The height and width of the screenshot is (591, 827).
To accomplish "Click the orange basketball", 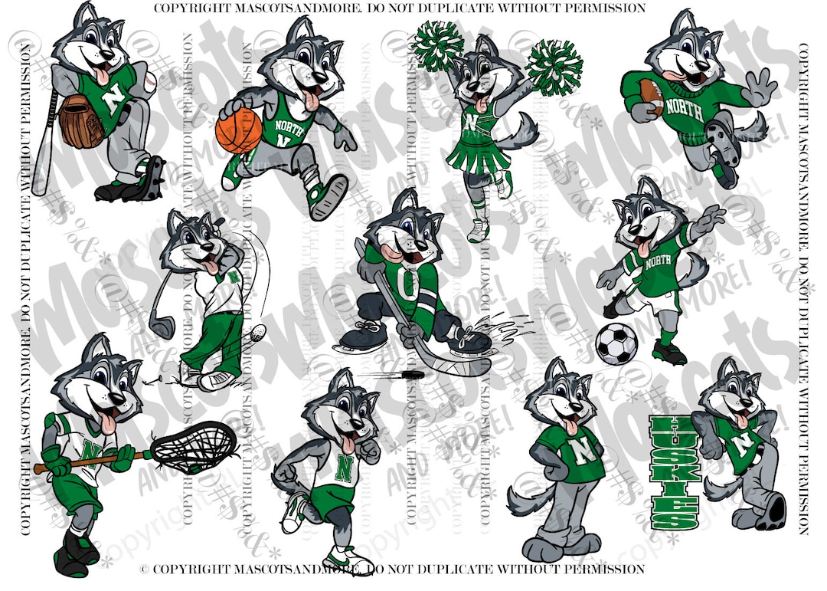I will [239, 129].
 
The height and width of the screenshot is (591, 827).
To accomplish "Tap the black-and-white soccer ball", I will [616, 343].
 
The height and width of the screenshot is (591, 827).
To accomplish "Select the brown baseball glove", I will [81, 121].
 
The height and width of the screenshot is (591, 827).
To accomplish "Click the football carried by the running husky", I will [652, 95].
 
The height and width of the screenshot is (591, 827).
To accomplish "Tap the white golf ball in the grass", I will [259, 332].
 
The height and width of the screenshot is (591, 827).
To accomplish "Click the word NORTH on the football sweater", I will [684, 106].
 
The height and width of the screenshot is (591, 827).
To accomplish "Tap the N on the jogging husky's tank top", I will [343, 466].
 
